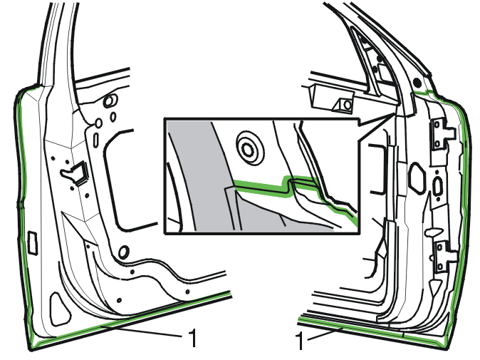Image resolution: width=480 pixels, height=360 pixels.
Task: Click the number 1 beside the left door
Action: [192, 337]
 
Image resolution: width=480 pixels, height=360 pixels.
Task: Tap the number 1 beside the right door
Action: [300, 341]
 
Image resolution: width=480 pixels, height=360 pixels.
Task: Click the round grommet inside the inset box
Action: [249, 148]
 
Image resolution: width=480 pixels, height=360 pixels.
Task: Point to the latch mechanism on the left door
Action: [75, 173]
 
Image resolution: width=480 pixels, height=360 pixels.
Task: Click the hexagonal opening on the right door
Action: [417, 178]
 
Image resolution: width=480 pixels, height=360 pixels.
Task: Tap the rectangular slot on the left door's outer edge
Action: [33, 243]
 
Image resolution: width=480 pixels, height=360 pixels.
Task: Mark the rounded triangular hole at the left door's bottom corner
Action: [60, 309]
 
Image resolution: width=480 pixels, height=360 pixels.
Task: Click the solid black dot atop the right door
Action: [417, 82]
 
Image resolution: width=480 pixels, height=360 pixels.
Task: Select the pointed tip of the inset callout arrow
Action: [395, 113]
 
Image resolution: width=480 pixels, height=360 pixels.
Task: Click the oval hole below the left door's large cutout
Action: [124, 252]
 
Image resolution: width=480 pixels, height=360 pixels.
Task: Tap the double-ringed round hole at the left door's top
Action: [110, 101]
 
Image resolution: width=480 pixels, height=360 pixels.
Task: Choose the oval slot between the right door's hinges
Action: [438, 186]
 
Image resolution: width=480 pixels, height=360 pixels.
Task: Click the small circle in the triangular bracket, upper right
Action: [347, 105]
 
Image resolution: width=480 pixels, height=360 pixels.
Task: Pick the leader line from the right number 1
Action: [325, 334]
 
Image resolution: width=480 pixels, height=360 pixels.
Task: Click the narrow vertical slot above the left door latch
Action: [96, 138]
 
